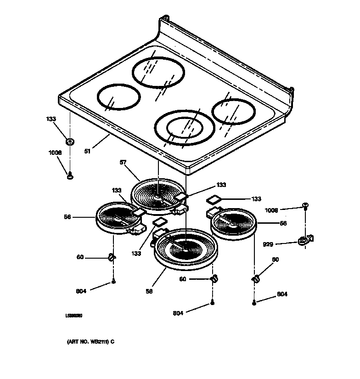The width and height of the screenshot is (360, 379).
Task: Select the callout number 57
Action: pos(123,163)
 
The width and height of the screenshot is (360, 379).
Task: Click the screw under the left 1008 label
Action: pos(70,174)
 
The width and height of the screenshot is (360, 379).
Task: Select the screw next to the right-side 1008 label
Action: pos(305,205)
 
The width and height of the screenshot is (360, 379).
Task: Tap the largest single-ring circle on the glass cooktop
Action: pos(158,73)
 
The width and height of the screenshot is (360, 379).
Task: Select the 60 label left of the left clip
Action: pos(80,257)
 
